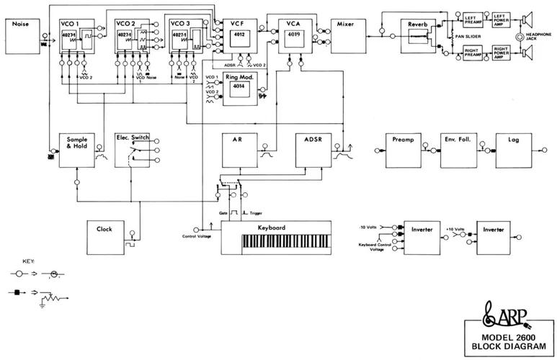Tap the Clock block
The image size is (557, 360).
(104, 238)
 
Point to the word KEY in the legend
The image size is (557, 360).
(28, 261)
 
